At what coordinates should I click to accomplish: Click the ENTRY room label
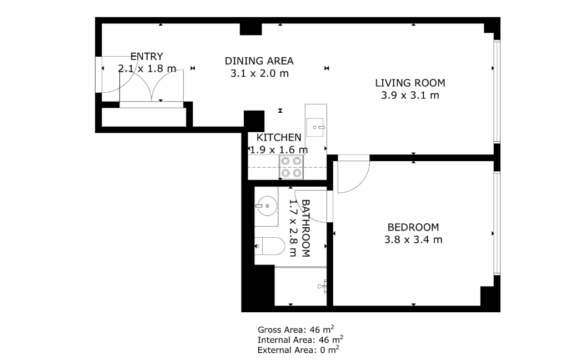click(147, 56)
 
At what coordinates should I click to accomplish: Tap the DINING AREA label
click(259, 61)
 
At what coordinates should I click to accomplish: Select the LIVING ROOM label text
click(410, 83)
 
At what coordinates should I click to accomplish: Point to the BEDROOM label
click(413, 227)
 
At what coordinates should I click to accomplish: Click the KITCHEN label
click(279, 138)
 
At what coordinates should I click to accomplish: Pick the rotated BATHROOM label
click(305, 228)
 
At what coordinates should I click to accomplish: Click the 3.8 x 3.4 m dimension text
click(413, 239)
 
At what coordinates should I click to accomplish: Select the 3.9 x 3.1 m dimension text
click(410, 96)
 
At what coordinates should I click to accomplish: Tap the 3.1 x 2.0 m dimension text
click(259, 73)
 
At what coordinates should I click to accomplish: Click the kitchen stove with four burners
click(291, 167)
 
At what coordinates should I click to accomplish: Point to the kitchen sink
click(315, 127)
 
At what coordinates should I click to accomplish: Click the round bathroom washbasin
click(267, 206)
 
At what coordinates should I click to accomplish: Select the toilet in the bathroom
click(270, 246)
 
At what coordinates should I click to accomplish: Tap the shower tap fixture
click(323, 286)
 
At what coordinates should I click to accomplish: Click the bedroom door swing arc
click(361, 181)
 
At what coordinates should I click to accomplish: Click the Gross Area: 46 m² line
click(295, 329)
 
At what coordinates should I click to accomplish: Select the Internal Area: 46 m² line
click(300, 339)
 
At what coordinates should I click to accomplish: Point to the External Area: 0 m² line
click(298, 349)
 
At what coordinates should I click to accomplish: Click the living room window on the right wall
click(497, 91)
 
